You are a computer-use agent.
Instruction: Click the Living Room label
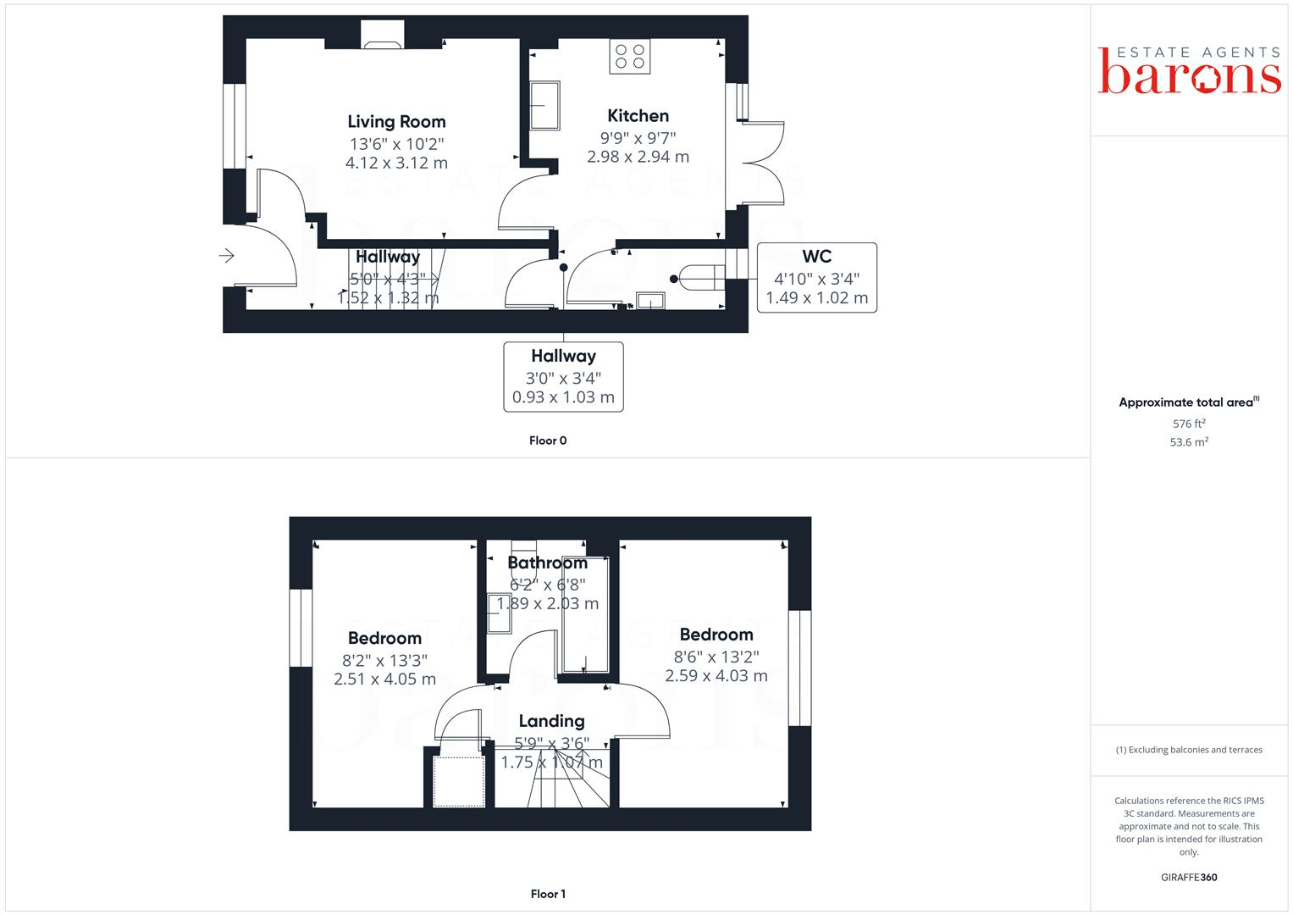[x=396, y=122]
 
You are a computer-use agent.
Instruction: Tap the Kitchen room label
[x=638, y=116]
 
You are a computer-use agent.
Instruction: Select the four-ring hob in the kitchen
[x=630, y=57]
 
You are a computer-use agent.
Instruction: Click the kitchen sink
[x=545, y=105]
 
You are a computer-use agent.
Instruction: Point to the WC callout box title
[x=816, y=257]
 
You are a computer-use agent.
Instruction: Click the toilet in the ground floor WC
[x=703, y=277]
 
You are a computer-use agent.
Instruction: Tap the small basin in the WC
[x=650, y=300]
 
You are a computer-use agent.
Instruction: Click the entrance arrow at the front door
[x=227, y=255]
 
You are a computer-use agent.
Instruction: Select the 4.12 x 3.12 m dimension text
[x=396, y=163]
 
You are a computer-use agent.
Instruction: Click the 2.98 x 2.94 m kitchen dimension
[x=638, y=157]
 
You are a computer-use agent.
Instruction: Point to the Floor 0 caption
[x=548, y=441]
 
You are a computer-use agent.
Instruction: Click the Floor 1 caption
[x=548, y=894]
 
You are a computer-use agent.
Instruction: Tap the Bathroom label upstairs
[x=547, y=563]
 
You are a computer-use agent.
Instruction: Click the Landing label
[x=551, y=721]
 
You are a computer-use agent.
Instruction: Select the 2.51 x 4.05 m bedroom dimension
[x=384, y=679]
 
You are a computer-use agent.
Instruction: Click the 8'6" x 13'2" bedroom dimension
[x=716, y=657]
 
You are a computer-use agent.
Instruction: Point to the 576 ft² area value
[x=1189, y=424]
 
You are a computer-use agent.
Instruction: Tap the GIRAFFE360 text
[x=1189, y=878]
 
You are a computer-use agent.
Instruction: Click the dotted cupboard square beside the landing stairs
[x=459, y=781]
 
